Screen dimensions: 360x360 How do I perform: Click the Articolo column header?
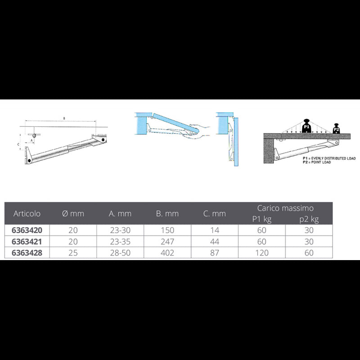click(27, 213)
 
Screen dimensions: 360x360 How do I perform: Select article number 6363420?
click(27, 230)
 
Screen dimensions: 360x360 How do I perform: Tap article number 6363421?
click(27, 241)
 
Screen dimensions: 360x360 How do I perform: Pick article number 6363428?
click(27, 253)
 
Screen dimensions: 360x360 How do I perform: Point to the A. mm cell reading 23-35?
click(120, 241)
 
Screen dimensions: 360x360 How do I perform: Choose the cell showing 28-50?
click(120, 253)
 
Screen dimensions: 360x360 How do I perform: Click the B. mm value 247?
click(167, 241)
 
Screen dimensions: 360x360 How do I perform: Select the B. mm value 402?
click(167, 253)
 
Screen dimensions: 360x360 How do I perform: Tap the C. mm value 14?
click(215, 230)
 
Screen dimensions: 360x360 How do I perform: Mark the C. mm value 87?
click(215, 253)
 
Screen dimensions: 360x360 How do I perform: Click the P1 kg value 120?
click(262, 253)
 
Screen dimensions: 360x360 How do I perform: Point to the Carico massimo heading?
click(285, 208)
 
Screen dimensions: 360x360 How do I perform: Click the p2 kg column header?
click(309, 219)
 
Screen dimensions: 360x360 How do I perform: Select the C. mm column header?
click(215, 214)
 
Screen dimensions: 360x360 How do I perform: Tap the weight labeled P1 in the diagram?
click(307, 126)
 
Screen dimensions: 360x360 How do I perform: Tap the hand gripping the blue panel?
click(198, 129)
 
